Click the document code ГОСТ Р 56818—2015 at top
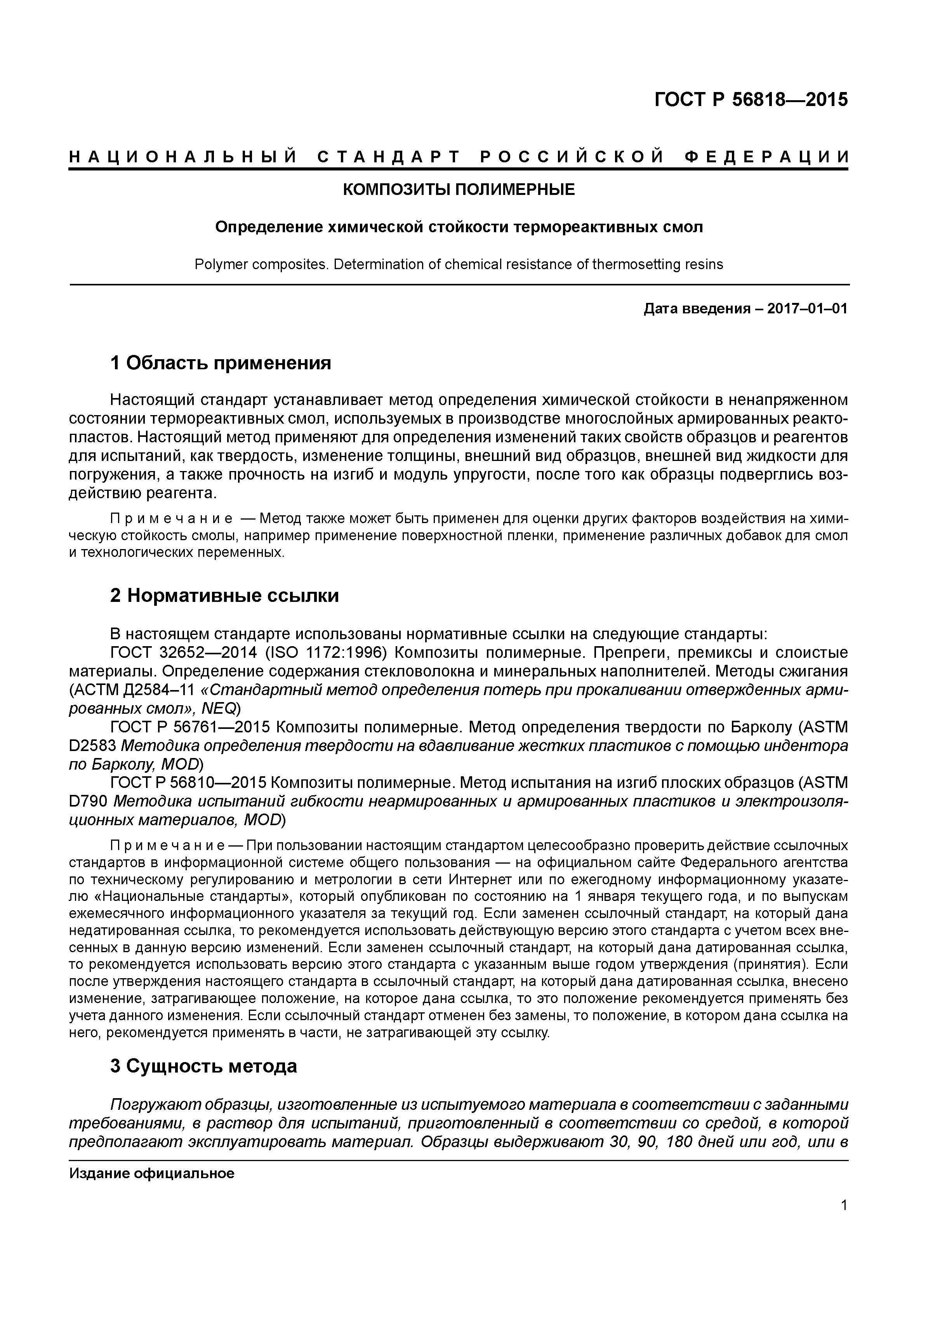(751, 100)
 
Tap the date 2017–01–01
(807, 309)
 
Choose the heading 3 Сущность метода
(203, 1066)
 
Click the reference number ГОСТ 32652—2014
(184, 653)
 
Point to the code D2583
(90, 746)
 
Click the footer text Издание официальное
(152, 1174)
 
